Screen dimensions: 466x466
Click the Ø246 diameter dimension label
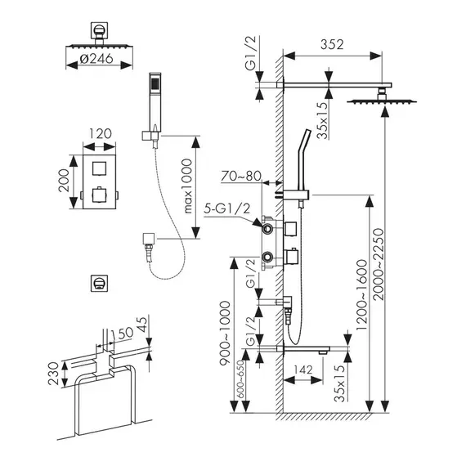click(96, 59)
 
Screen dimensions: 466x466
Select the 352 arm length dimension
click(332, 44)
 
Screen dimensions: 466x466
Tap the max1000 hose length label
click(188, 186)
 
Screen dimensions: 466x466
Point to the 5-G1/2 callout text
click(227, 209)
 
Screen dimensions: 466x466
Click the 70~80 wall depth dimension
click(240, 176)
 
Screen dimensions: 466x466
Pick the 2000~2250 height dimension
click(379, 264)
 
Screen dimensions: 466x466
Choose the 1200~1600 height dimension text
click(362, 295)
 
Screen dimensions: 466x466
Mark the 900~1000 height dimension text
click(225, 333)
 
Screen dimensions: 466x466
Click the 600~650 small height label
click(240, 379)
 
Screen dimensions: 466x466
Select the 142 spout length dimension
click(303, 370)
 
